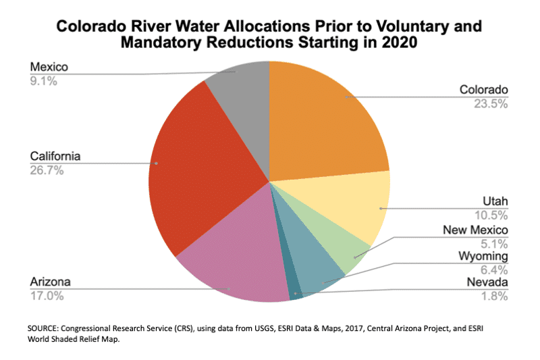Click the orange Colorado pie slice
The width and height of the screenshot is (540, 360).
[x=324, y=122]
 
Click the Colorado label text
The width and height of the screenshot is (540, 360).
[x=483, y=90]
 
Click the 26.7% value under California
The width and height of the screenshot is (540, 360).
[x=47, y=171]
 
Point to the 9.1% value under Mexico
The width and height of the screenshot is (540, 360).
[x=44, y=81]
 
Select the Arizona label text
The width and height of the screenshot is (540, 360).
[x=50, y=281]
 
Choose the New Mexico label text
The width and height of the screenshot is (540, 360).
[x=475, y=230]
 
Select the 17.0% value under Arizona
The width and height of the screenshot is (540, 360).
[x=47, y=295]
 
